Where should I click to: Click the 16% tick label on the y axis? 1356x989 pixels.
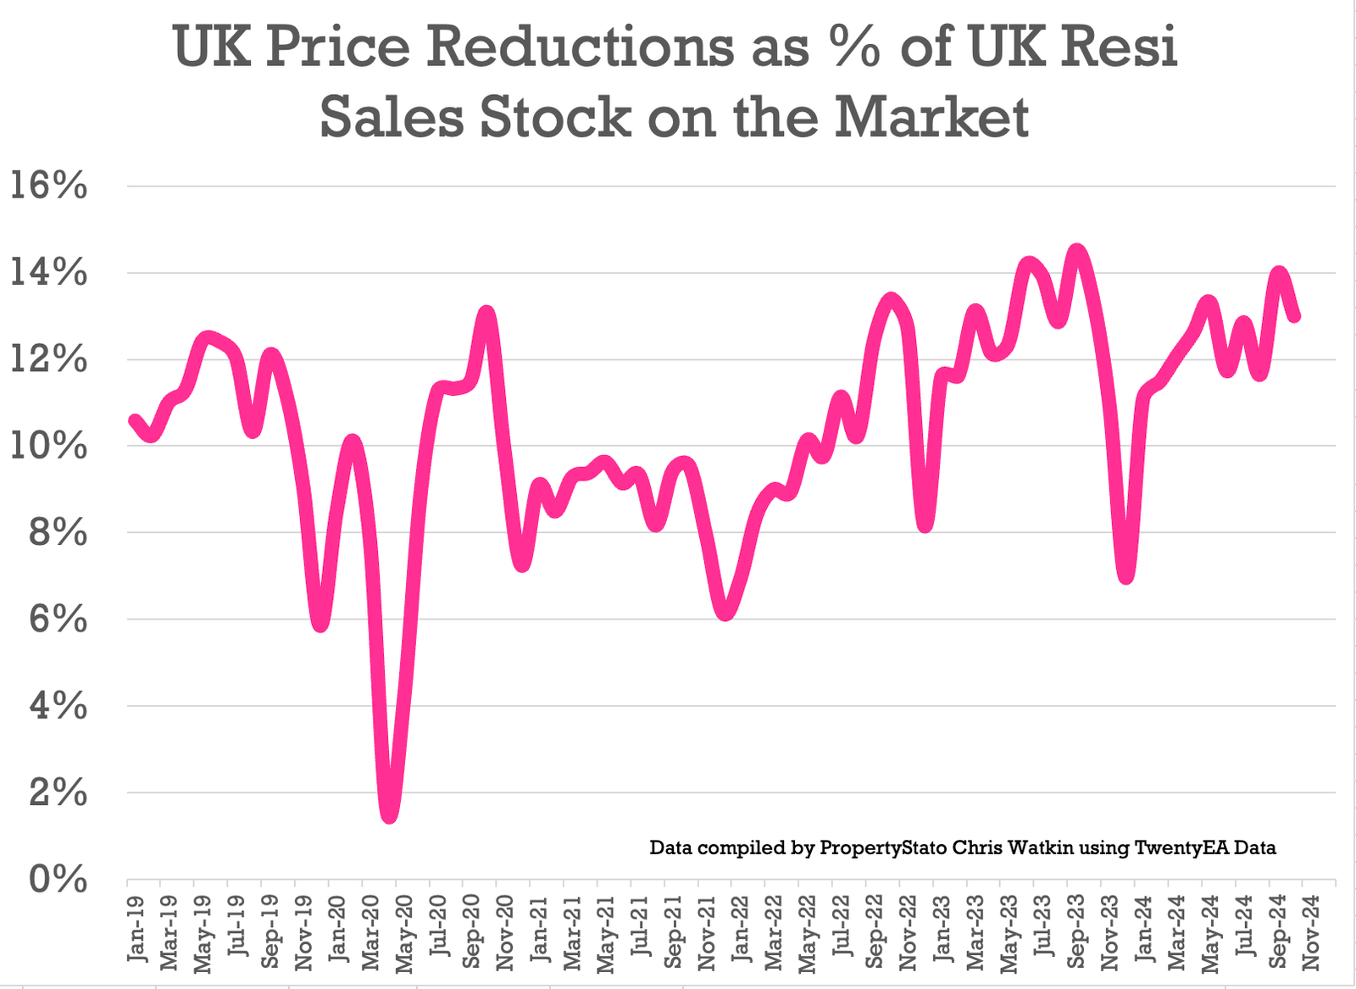pyautogui.click(x=48, y=186)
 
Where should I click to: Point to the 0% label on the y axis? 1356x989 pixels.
pyautogui.click(x=58, y=880)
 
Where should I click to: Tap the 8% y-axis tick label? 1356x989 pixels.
pyautogui.click(x=58, y=533)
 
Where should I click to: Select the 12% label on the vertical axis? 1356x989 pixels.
pyautogui.click(x=48, y=360)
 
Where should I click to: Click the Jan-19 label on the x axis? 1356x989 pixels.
pyautogui.click(x=136, y=930)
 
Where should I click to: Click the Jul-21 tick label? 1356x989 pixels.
pyautogui.click(x=640, y=930)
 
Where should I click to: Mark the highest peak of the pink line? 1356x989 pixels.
pyautogui.click(x=1076, y=251)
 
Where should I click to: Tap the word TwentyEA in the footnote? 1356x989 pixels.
pyautogui.click(x=1181, y=847)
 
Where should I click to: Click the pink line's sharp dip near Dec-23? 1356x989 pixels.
pyautogui.click(x=1125, y=576)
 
